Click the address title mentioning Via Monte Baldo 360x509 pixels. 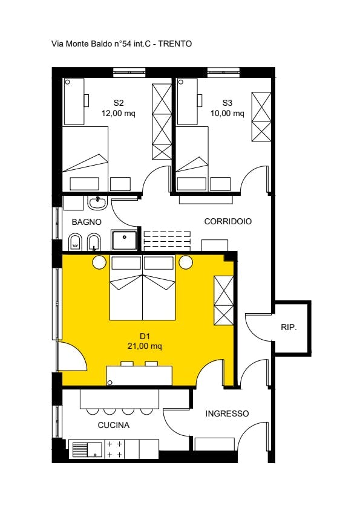pos(122,44)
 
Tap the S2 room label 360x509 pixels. pos(119,103)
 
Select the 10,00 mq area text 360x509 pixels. pos(227,113)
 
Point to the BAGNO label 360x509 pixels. pos(87,222)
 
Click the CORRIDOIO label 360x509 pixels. pos(227,221)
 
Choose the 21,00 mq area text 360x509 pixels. pos(145,346)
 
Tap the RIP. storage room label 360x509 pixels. pos(289,328)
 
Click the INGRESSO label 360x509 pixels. pos(227,413)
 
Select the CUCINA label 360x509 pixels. pos(114,425)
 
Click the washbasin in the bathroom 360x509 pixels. pos(97,203)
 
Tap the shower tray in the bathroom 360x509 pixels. pos(124,240)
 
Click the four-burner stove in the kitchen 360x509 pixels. pos(115,449)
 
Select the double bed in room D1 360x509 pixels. pos(143,288)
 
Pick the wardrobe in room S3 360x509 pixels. pos(261,117)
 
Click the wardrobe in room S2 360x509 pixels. pos(162,122)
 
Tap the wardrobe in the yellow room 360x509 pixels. pos(223,300)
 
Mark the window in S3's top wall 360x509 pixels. pos(223,72)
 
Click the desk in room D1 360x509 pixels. pos(139,375)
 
